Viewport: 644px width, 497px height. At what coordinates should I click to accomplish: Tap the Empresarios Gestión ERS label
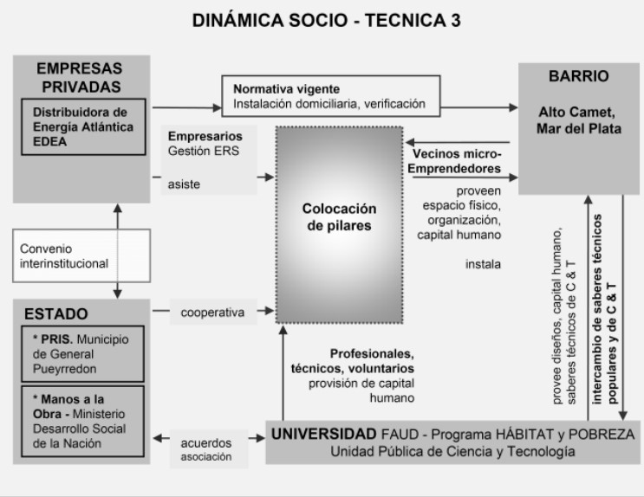pos(205,144)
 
